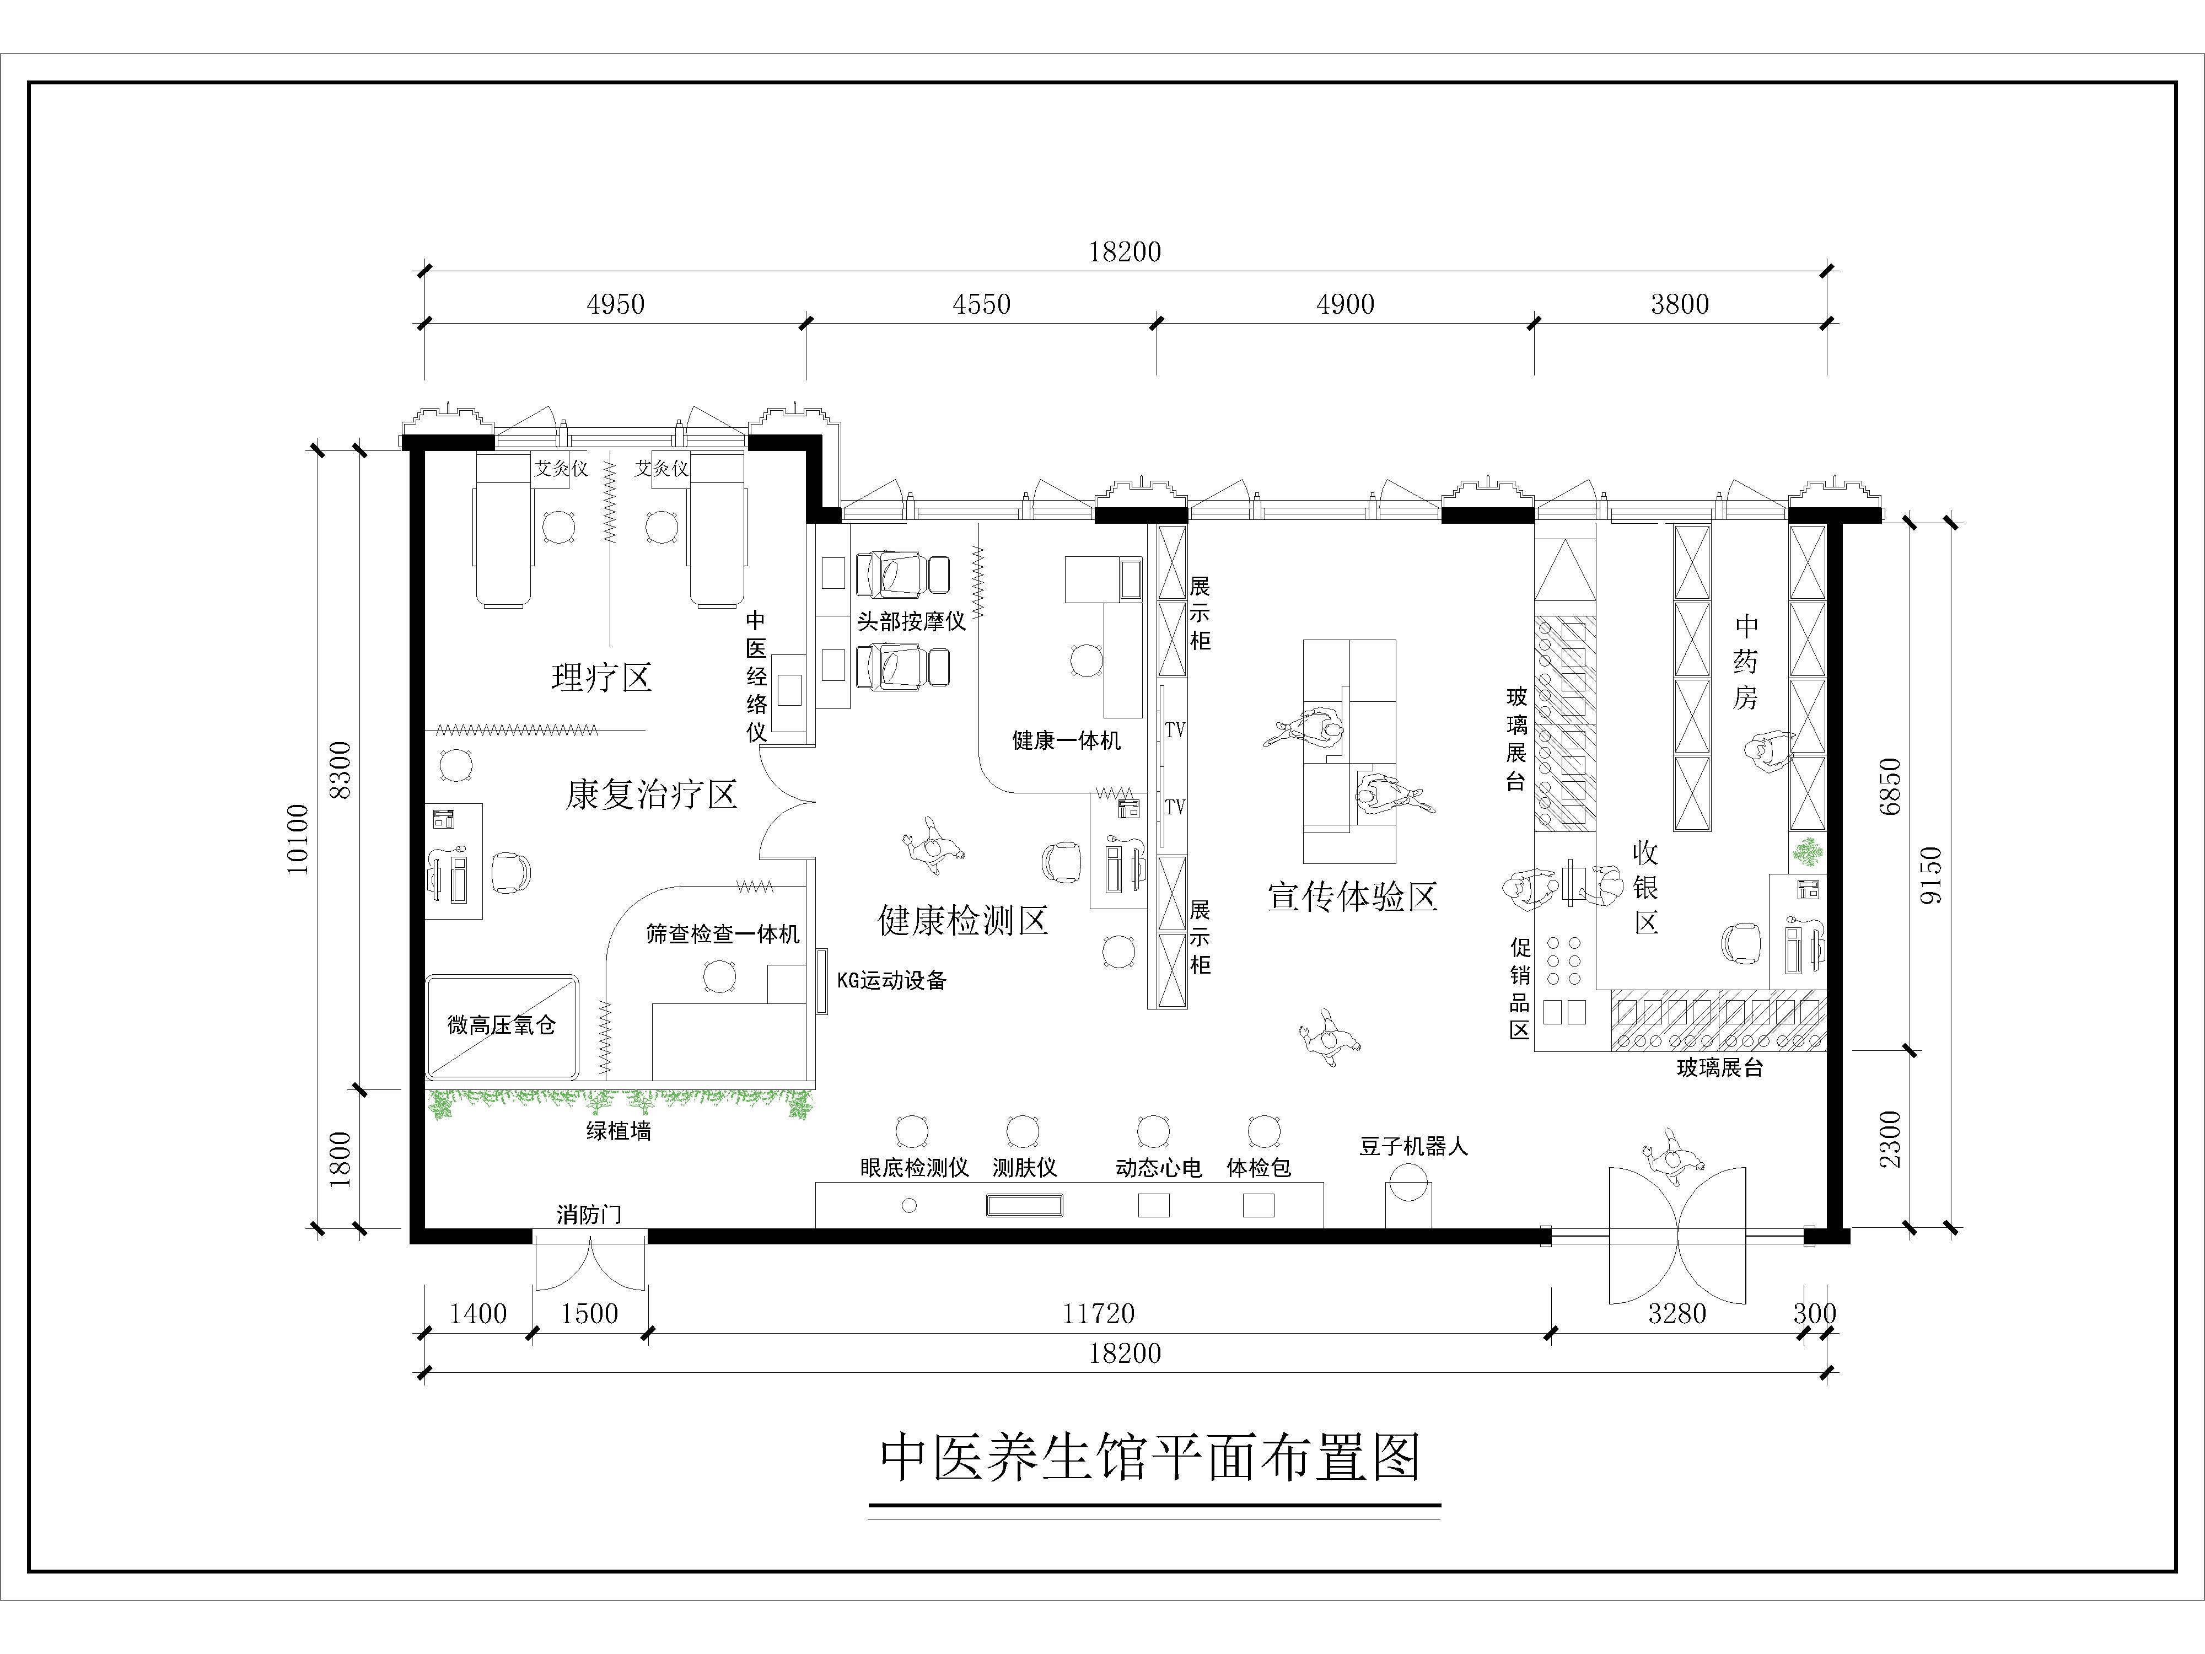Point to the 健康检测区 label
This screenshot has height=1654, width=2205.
point(963,920)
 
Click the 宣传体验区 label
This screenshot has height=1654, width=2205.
point(1353,896)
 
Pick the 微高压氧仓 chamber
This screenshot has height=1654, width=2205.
point(502,1026)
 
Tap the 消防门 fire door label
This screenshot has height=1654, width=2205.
point(589,1215)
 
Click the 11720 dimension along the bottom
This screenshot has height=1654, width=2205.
point(1099,1313)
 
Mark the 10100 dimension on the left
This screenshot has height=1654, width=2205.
point(297,840)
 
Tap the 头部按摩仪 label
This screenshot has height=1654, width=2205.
point(911,621)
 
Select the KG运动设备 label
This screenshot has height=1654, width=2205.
point(891,980)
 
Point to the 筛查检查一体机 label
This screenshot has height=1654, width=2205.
point(723,934)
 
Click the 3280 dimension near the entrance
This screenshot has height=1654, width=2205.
point(1677,1313)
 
